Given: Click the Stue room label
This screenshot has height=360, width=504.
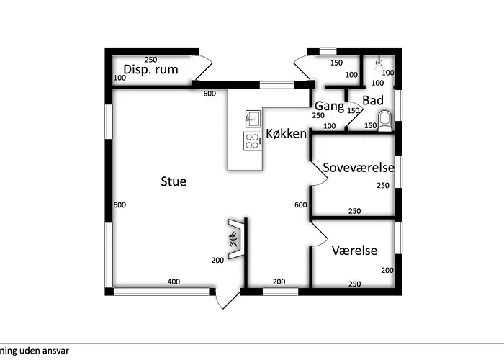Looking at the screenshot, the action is coord(174,181).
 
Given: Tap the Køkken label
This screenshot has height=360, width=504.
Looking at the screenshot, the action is coord(286,133).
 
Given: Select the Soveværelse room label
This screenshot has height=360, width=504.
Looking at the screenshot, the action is coord(359,168).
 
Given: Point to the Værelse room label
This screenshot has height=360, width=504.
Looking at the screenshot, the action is coord(354,251).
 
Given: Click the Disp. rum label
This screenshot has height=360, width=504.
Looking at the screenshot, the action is coord(150,69).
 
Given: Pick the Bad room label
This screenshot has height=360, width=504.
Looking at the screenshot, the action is coord(373,100).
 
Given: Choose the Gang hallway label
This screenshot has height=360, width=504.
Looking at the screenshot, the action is coord(329,106).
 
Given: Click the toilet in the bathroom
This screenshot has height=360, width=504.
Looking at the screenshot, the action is coord(384,121).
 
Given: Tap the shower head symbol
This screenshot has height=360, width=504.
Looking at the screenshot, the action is coord(379,63).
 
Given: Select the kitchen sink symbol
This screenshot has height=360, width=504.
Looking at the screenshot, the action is coord(253,119).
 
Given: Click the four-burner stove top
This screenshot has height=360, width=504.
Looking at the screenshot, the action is coord(252,141).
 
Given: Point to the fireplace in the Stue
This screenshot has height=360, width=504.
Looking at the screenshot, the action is coord(236,239).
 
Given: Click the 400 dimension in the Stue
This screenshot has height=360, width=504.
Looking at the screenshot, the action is coord(174,282).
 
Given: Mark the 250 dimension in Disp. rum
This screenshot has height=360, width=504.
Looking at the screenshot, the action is coord(150,60).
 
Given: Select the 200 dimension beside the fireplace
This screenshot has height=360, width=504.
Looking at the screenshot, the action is coord(217,261).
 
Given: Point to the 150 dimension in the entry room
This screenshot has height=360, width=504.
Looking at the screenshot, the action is coord(336,63).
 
